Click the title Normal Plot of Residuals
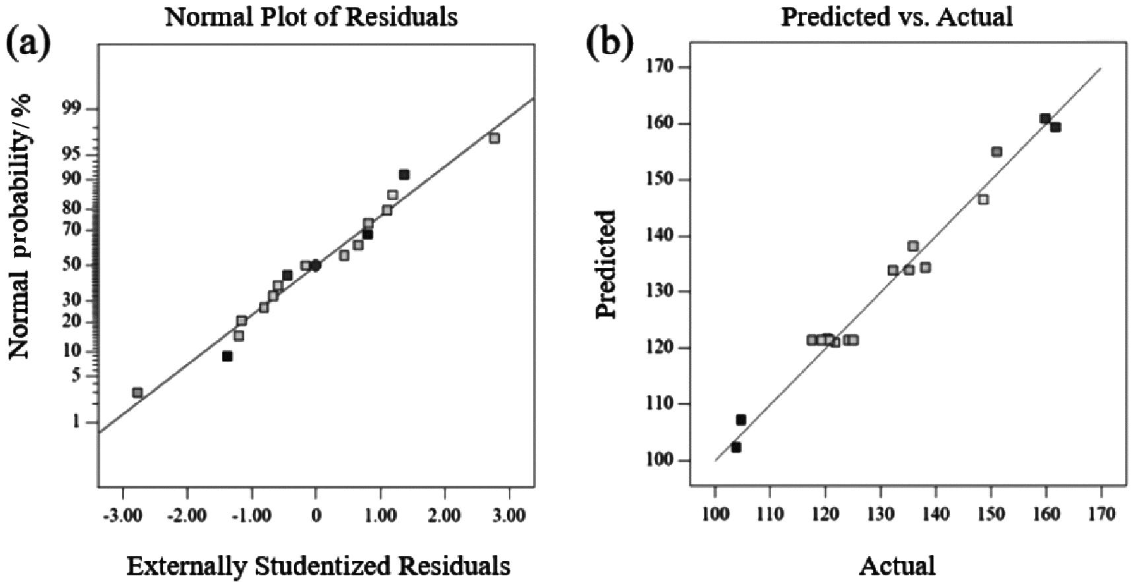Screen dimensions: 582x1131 pos(311,17)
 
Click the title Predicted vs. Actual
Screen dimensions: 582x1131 pos(896,17)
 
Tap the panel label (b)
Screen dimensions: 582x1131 pos(609,44)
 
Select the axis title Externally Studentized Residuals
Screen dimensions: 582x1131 pos(318,566)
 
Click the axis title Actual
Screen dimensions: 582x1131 pos(897,566)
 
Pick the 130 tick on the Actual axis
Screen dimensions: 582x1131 pos(880,514)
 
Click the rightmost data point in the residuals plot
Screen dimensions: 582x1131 pos(494,138)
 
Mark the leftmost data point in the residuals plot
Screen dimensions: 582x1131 pos(137,393)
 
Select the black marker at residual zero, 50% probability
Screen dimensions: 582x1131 pos(316,265)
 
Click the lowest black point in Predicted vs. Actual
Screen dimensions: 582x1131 pos(736,447)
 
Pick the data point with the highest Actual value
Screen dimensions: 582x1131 pos(1055,127)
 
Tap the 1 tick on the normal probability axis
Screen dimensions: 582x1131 pos(75,422)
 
